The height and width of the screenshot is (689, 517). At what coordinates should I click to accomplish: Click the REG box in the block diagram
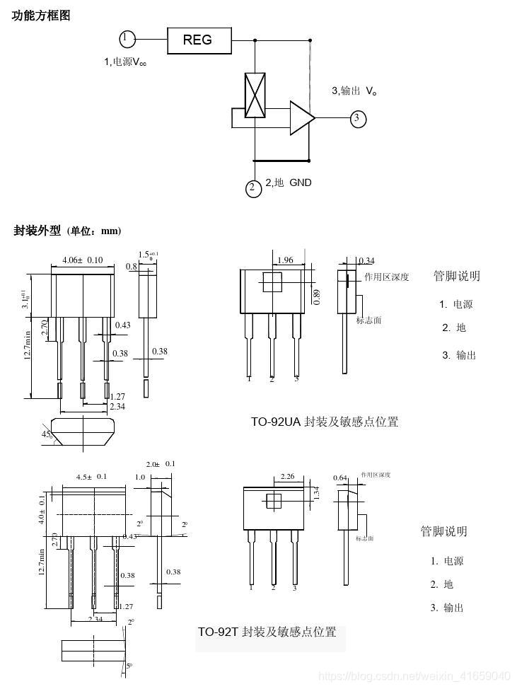(x=199, y=40)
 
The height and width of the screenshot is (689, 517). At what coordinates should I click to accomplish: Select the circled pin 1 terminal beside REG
(x=127, y=38)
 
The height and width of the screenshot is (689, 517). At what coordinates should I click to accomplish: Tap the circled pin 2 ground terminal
(x=253, y=187)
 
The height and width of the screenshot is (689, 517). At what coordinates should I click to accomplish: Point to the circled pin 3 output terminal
(x=359, y=118)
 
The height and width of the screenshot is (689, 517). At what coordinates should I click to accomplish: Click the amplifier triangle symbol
(x=301, y=118)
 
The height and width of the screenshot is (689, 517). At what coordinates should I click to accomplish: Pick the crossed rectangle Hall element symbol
(x=254, y=95)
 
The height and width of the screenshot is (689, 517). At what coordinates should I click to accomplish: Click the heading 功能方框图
(x=41, y=16)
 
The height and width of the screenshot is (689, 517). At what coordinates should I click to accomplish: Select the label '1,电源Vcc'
(x=125, y=62)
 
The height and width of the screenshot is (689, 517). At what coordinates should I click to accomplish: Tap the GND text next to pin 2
(x=300, y=183)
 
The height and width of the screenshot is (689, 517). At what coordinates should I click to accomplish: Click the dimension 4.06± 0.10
(x=83, y=260)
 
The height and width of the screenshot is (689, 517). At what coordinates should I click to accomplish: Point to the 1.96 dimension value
(x=285, y=260)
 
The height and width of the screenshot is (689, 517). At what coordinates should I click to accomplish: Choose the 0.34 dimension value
(x=366, y=262)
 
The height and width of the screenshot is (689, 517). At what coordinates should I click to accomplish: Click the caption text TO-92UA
(x=276, y=422)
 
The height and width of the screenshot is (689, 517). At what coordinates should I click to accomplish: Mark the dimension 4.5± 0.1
(x=91, y=477)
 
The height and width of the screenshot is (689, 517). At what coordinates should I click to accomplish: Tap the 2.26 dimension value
(x=288, y=477)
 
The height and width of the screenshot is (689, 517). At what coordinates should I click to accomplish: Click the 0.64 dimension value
(x=339, y=477)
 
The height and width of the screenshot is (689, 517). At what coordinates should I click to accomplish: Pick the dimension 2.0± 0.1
(x=160, y=464)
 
